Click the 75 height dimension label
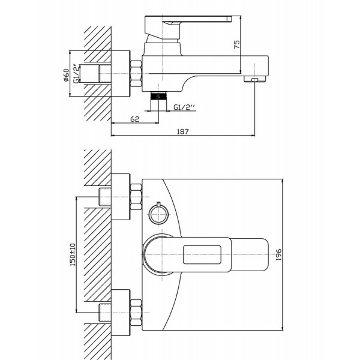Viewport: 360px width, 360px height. pyautogui.click(x=237, y=44)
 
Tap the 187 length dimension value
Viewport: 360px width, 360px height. pyautogui.click(x=182, y=132)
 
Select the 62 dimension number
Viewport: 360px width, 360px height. pyautogui.click(x=135, y=119)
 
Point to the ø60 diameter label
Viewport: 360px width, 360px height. pyautogui.click(x=66, y=75)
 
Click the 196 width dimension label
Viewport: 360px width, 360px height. pyautogui.click(x=278, y=254)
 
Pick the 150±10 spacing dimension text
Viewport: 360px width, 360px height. pyautogui.click(x=73, y=254)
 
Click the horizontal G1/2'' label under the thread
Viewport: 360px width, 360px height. pyautogui.click(x=184, y=107)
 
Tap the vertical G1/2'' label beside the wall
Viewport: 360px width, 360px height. pyautogui.click(x=76, y=73)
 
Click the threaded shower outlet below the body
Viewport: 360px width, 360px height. pyautogui.click(x=158, y=95)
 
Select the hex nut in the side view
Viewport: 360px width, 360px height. pyautogui.click(x=136, y=74)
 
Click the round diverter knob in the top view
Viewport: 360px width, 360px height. pyautogui.click(x=158, y=214)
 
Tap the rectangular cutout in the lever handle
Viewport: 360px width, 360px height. pyautogui.click(x=202, y=254)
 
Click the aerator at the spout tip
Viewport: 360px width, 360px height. pyautogui.click(x=254, y=79)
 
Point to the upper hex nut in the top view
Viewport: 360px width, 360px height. pyautogui.click(x=136, y=197)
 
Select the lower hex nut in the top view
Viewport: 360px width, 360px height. pyautogui.click(x=136, y=313)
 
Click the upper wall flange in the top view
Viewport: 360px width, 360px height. pyautogui.click(x=121, y=197)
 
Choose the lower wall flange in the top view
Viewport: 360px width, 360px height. pyautogui.click(x=121, y=313)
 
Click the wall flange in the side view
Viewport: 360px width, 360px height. pyautogui.click(x=121, y=73)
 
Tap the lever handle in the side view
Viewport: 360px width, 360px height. pyautogui.click(x=188, y=27)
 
